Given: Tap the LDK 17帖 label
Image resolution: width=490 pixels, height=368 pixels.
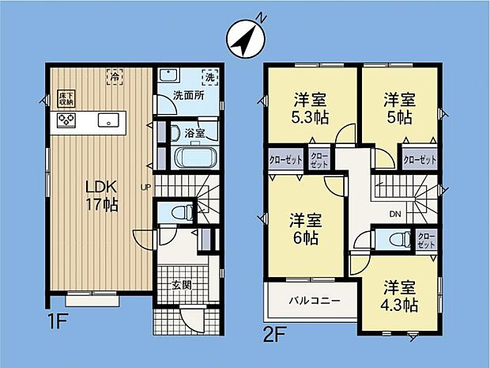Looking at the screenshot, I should point(101,195).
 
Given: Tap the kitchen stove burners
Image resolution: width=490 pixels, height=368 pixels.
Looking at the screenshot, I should point(66,121).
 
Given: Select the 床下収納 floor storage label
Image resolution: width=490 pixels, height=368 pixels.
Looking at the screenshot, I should point(66,99).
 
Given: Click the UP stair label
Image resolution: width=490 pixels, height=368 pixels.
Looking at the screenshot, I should point(145,188).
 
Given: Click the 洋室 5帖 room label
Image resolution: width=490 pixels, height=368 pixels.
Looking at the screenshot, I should point(399,108).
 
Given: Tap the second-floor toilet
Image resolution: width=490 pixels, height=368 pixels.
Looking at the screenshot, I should point(391,239).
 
